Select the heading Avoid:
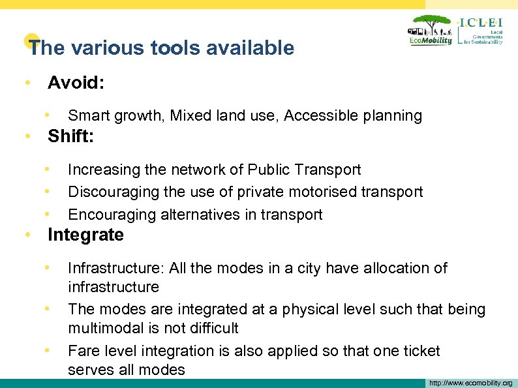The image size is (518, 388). [76, 83]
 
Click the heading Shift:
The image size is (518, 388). [71, 136]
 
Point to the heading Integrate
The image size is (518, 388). [85, 235]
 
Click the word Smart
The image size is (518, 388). [89, 116]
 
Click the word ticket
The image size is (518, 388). [420, 351]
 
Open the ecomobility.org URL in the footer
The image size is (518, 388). [470, 383]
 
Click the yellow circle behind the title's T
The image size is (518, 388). [28, 41]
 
